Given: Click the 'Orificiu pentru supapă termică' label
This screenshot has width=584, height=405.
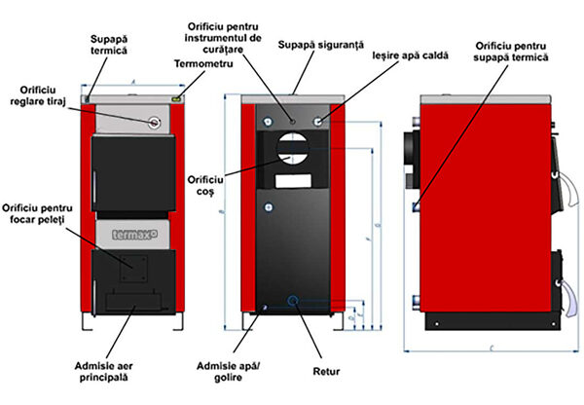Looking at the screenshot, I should click(512, 51).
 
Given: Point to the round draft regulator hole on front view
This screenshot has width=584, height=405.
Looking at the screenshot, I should click(153, 122).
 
